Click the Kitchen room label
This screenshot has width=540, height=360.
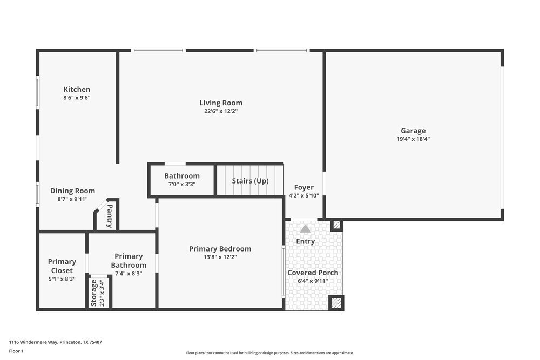[x=77, y=90]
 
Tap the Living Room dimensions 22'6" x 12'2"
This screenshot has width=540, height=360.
[x=220, y=111]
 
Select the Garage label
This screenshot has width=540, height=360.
[x=413, y=131]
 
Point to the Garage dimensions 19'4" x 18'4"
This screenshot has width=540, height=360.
[x=413, y=139]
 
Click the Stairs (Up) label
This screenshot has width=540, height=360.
[x=250, y=181]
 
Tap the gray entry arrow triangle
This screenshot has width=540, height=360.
[x=306, y=228]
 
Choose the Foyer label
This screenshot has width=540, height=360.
[x=303, y=187]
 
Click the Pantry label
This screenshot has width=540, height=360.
[x=110, y=216]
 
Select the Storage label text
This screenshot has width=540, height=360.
[x=94, y=293]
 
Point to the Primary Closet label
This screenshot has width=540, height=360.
[x=62, y=266]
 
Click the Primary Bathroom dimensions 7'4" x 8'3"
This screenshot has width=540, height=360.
[x=129, y=274]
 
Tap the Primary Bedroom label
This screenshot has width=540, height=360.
[x=220, y=249]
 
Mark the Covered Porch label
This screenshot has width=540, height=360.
[x=313, y=273]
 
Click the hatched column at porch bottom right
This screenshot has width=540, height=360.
[x=336, y=303]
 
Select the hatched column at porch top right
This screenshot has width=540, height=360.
[x=336, y=225]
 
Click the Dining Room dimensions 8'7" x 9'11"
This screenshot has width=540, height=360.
[x=72, y=199]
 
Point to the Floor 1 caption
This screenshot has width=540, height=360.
[x=16, y=351]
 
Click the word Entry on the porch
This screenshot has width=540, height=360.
[x=305, y=241]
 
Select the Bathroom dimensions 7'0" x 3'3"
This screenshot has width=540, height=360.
[x=182, y=184]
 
